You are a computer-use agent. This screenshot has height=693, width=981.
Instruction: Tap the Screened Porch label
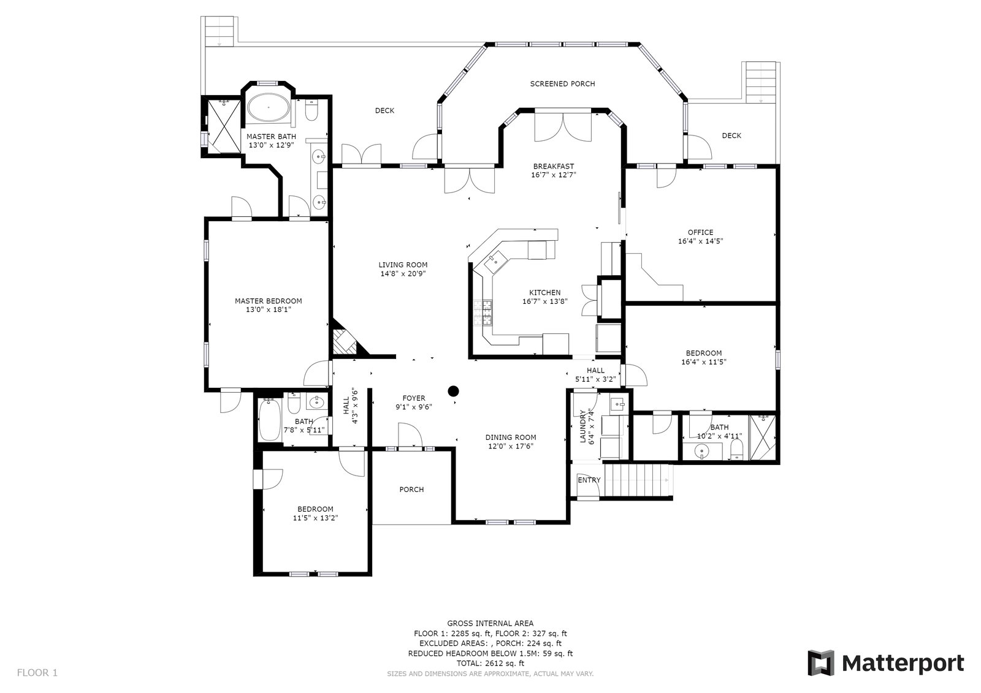[562, 83]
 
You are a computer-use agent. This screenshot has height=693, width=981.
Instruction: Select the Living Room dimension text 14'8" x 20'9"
[403, 274]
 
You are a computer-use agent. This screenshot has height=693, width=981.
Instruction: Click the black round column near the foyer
[453, 390]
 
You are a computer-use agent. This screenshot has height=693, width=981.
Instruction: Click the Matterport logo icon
[821, 663]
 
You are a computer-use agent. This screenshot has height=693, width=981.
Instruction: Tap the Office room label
[700, 232]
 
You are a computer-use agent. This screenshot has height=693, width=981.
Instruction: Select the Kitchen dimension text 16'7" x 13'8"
[545, 301]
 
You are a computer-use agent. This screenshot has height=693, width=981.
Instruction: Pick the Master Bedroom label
[269, 301]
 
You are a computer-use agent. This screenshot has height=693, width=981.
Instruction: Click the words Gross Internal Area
[490, 623]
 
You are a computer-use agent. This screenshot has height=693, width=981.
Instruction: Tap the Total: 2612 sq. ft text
[490, 664]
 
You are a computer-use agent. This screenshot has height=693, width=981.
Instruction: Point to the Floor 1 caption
[37, 673]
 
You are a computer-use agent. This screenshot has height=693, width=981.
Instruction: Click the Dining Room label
[511, 437]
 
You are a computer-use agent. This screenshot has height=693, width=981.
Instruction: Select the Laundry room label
[582, 426]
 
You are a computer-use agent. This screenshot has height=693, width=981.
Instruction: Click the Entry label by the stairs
[589, 480]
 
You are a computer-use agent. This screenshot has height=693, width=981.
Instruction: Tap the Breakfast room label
[554, 166]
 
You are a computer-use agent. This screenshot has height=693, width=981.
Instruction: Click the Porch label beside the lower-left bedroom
[411, 490]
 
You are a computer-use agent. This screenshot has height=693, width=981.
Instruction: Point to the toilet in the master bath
[311, 111]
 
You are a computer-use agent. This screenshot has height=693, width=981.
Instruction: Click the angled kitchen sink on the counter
[495, 262]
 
